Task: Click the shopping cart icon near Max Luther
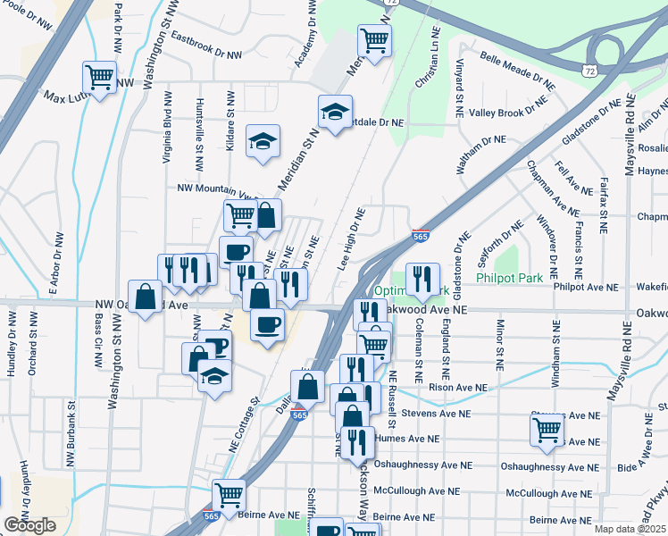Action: click(99, 76)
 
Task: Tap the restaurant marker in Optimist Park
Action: click(422, 279)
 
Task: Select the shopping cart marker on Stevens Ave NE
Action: click(547, 430)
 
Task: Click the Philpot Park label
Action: click(510, 279)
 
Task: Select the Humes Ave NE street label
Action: click(407, 439)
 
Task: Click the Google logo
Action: click(29, 525)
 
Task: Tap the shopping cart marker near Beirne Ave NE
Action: click(230, 495)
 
